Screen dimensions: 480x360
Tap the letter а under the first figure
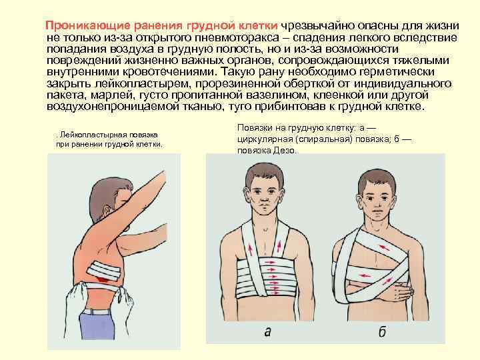click(267, 331)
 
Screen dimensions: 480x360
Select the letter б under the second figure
click(382, 331)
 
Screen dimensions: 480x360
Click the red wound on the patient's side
click(103, 279)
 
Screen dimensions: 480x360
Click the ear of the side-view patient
click(106, 211)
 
